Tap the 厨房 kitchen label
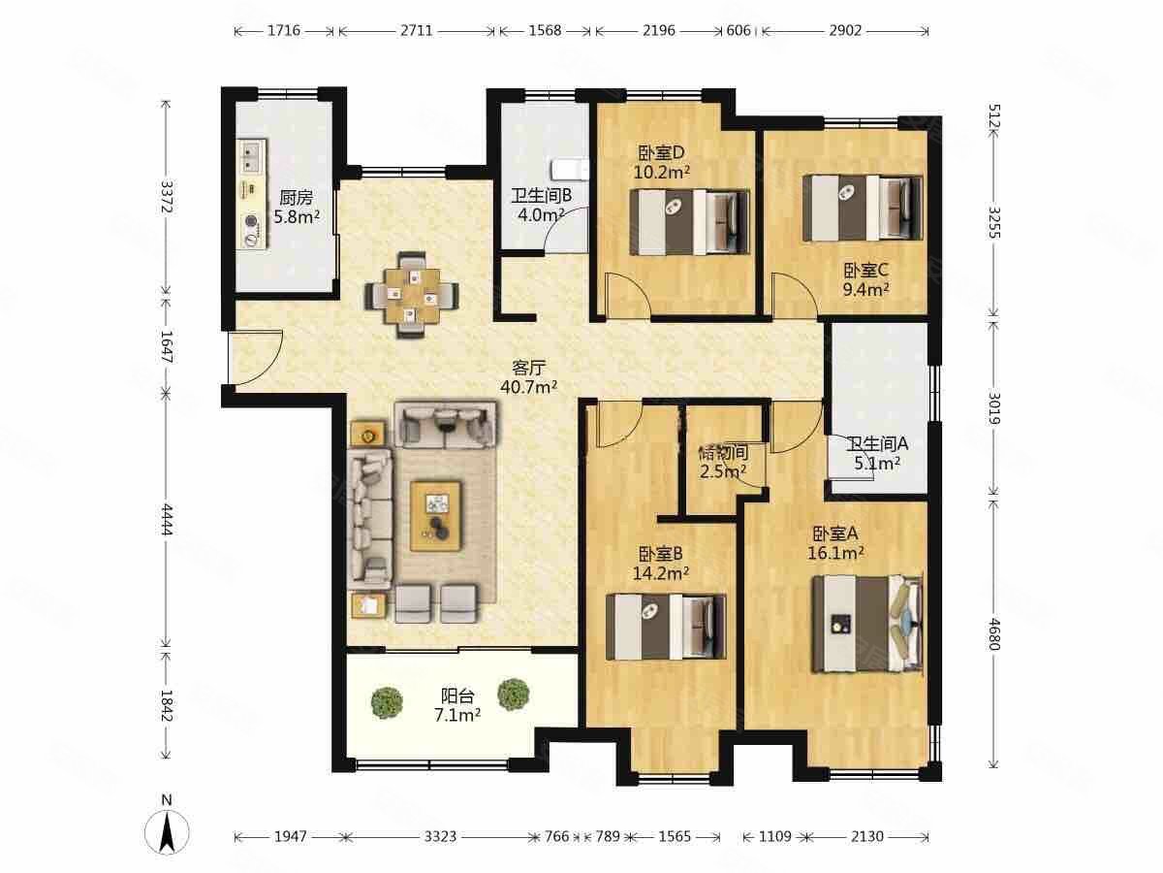[x=297, y=198]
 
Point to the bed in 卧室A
[x=867, y=624]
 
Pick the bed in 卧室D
[x=689, y=222]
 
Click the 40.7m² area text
[x=529, y=387]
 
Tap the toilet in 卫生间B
[x=570, y=170]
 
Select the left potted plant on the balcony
[x=387, y=703]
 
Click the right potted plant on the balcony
[x=514, y=695]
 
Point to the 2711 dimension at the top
[x=417, y=31]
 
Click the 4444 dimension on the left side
[x=167, y=520]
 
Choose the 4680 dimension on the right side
[x=993, y=634]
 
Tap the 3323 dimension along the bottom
[x=440, y=837]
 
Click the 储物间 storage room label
[x=723, y=452]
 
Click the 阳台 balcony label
[x=457, y=695]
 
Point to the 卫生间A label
[x=877, y=443]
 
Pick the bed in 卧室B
[x=666, y=627]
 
